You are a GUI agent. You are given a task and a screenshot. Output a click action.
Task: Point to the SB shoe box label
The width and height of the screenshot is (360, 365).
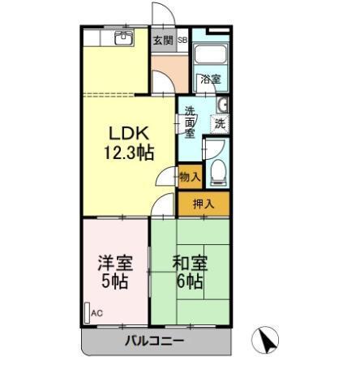(182, 40)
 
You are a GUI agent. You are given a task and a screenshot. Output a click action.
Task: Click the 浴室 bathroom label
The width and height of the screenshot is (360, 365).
(210, 79)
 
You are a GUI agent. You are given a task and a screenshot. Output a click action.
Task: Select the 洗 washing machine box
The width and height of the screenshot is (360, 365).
(219, 123)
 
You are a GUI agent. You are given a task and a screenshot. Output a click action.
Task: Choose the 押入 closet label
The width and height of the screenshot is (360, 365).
(204, 203)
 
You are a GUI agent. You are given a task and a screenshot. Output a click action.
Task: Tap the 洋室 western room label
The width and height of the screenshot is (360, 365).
(114, 264)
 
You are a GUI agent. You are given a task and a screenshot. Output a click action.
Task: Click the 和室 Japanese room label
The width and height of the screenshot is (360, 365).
(189, 264)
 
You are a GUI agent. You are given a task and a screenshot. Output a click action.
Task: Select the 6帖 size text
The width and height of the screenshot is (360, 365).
(190, 282)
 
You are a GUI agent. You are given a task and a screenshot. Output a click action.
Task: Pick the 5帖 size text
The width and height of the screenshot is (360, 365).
(114, 282)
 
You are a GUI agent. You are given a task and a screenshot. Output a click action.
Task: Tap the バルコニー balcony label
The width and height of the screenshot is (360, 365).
(154, 341)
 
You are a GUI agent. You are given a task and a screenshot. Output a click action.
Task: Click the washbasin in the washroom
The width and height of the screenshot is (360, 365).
(222, 104)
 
